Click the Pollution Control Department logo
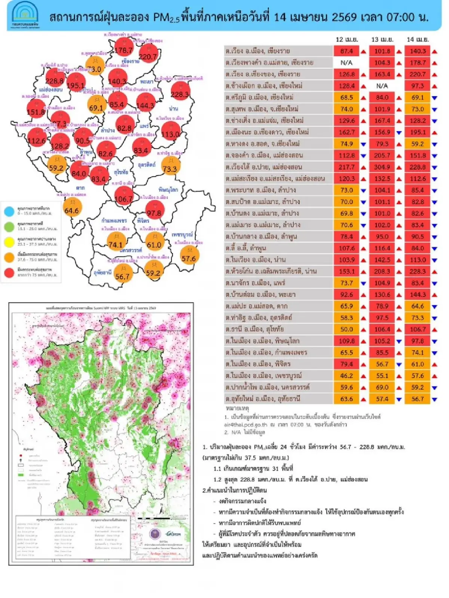[x=25, y=15]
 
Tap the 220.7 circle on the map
[x=148, y=55]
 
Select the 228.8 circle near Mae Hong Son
[x=55, y=80]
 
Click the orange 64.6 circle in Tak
[x=71, y=210]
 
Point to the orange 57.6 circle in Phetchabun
[x=189, y=257]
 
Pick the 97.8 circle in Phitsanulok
[x=154, y=212]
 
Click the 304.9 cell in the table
[x=382, y=167]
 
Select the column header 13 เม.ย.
[x=382, y=39]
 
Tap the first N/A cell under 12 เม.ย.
[x=346, y=62]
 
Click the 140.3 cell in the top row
[x=418, y=51]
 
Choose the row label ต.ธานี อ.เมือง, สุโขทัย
[x=255, y=329]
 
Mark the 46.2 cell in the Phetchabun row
[x=346, y=376]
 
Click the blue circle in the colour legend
[x=9, y=211]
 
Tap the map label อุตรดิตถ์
[x=147, y=165]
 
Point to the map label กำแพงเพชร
[x=114, y=220]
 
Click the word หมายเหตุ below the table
[x=237, y=408]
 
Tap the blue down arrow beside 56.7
[x=434, y=399]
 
